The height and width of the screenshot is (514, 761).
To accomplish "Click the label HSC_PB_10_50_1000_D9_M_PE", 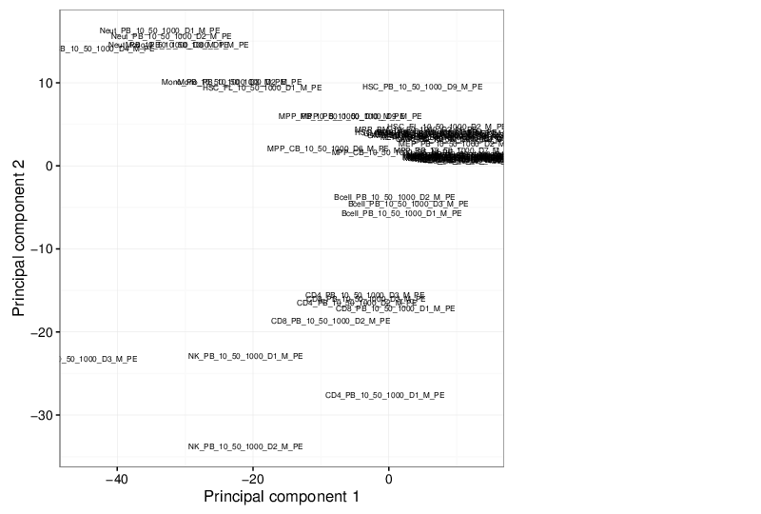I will pos(422,88).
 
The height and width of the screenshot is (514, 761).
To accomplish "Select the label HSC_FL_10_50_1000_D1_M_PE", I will pos(263,88).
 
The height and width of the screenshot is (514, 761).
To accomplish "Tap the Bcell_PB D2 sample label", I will pos(394,197).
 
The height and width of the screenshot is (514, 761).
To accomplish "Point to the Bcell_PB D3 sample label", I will pos(408,205).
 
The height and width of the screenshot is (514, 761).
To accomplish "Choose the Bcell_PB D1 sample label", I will pos(401,214).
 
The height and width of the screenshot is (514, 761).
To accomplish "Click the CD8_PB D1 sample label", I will pos(395,308).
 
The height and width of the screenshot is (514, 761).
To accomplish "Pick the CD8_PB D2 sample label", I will pos(330,322).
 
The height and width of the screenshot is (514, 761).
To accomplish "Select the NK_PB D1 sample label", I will pos(245,357).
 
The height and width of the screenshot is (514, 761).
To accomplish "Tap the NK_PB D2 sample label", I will pos(245,446).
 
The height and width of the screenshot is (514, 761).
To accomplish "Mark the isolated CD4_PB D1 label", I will pos(384,395).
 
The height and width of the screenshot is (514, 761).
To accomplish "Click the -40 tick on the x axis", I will pos(117,478).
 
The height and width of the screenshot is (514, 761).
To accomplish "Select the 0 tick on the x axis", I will pos(388,478).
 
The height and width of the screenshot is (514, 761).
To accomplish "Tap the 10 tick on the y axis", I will pos(45,83).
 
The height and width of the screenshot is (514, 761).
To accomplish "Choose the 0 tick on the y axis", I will pos(49,166).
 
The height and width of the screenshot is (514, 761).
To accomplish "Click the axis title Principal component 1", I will pos(282,497).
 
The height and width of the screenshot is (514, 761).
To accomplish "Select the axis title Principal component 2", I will pos(19,238).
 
